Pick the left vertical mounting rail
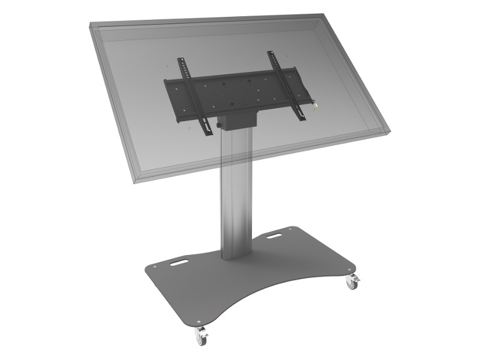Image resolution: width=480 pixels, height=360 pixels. [x=191, y=90]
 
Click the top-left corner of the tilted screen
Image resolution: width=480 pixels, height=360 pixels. [x=90, y=26]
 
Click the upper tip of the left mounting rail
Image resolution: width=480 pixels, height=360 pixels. [x=179, y=58]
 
